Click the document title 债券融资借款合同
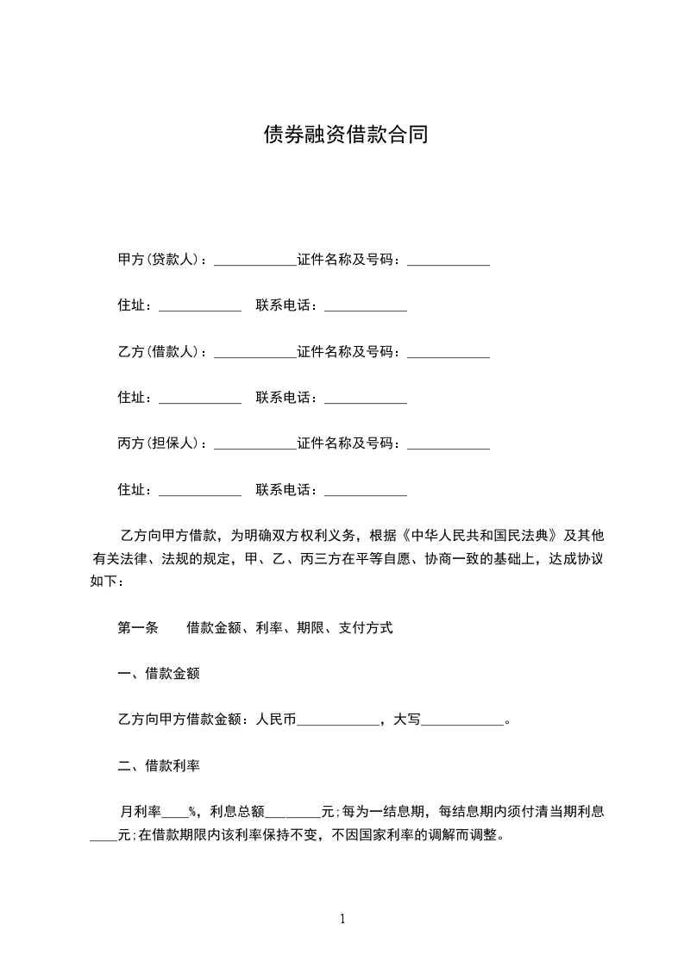[x=345, y=135]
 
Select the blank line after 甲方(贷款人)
[x=254, y=261]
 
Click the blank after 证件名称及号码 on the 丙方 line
[x=448, y=446]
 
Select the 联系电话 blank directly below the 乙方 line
[x=365, y=400]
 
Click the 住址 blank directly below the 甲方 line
[x=200, y=308]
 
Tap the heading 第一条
[x=138, y=628]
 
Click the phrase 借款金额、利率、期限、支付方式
[x=290, y=628]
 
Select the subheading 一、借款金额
[x=159, y=674]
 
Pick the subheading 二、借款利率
[x=159, y=765]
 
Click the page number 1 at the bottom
[x=342, y=919]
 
